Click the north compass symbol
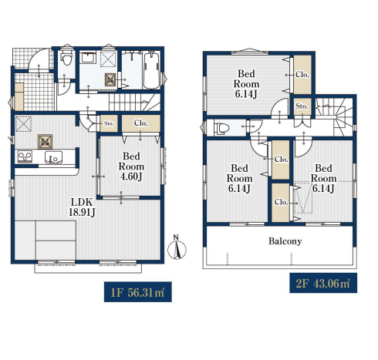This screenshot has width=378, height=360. point(177,247)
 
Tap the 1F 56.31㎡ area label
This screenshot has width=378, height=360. point(138,292)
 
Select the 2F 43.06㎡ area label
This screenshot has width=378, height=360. point(323,283)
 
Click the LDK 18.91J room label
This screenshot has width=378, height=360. point(82,207)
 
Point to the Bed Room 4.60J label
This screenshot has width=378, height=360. point(131,167)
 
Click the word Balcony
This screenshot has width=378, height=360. point(285,241)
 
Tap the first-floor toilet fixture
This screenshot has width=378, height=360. point(67,58)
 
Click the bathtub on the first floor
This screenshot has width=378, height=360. point(151,70)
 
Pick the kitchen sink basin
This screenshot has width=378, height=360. point(53,157)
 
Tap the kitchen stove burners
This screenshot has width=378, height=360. point(25,156)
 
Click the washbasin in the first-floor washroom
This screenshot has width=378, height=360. point(89,57)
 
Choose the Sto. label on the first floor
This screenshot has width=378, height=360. point(109,123)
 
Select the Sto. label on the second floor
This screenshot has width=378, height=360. point(302,106)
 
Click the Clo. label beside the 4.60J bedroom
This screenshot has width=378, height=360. point(140,123)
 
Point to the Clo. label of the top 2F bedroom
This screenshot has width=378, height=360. point(302,75)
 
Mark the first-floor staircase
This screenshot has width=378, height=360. point(134,102)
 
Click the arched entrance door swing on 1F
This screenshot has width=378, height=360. point(38,59)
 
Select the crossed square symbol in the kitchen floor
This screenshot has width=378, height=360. point(46,142)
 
